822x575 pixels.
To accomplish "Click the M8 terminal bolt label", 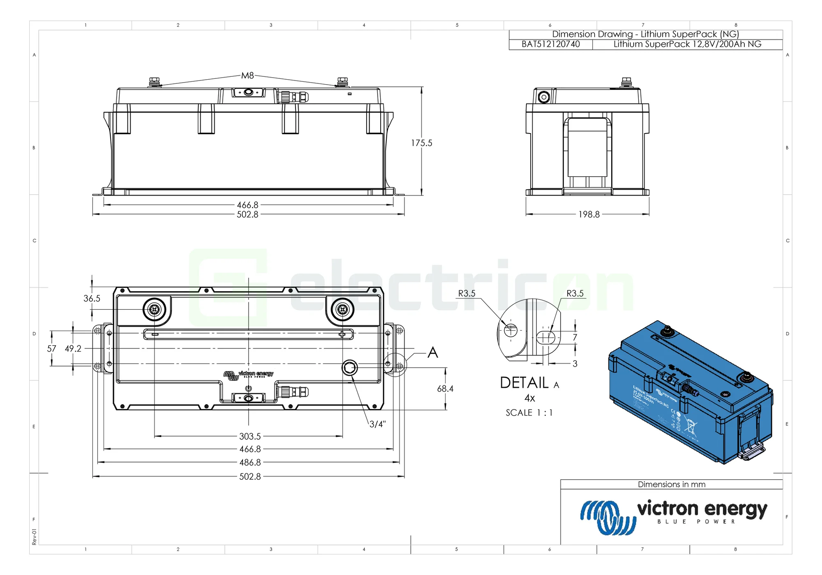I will coord(247,76).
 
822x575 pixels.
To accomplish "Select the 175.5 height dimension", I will coord(422,143).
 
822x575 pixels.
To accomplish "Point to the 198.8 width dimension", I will coord(589,214).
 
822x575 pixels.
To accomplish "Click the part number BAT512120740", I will coord(551,44).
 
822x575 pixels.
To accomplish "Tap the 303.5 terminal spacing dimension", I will coord(250,436).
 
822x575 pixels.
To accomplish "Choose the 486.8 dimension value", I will coord(250,462).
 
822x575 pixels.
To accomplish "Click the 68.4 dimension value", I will coord(445,389).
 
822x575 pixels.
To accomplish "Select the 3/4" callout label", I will coord(377,424).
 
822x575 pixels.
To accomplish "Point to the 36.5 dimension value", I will coord(92,299).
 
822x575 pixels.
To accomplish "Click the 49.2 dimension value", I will coord(73,349).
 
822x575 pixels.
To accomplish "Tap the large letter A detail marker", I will coord(433,353).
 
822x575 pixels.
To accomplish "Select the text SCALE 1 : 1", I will coord(529,413).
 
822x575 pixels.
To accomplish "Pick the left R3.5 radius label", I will coord(466,294).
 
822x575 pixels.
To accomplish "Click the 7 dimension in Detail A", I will coord(575,337).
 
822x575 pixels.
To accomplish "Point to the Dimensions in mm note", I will coord(671,485).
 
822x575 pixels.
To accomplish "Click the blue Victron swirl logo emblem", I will coord(608,517).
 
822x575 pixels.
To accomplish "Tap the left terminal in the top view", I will coord(155,309).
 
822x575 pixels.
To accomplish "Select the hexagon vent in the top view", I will coord(350,368).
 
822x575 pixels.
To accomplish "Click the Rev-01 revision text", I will coord(34,537).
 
